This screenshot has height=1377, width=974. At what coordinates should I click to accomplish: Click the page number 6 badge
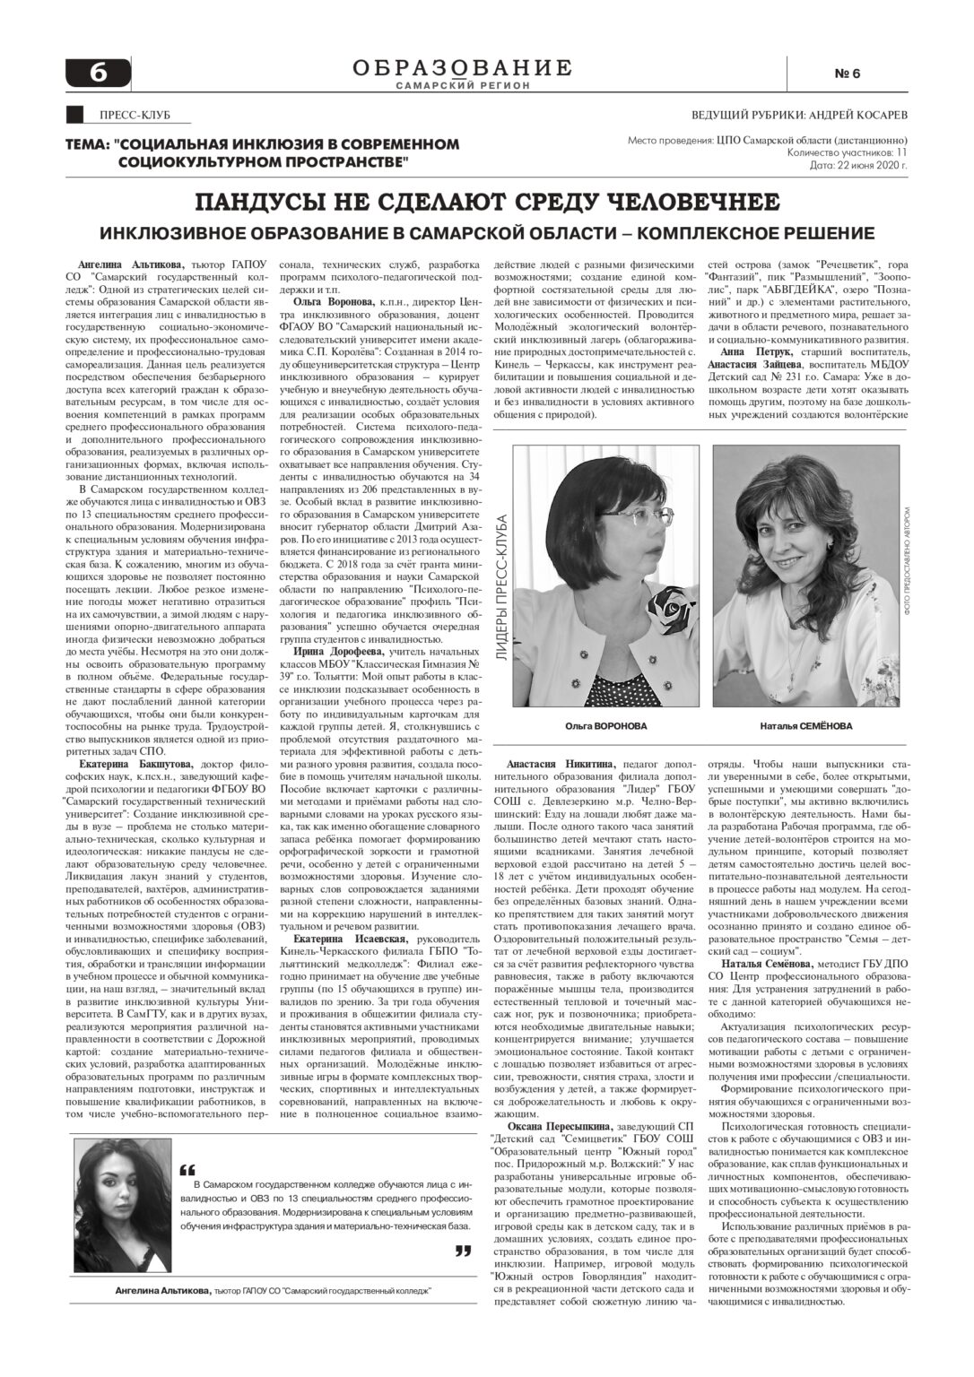98,73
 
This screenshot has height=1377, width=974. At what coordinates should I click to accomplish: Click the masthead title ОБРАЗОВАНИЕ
462,67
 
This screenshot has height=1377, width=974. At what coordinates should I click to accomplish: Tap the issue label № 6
847,74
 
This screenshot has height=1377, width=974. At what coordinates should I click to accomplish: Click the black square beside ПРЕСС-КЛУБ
76,115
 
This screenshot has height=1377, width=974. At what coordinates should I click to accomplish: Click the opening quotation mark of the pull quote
187,1170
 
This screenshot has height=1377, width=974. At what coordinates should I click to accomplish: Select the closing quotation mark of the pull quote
463,1251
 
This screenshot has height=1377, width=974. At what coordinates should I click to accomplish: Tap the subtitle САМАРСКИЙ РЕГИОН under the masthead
462,85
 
